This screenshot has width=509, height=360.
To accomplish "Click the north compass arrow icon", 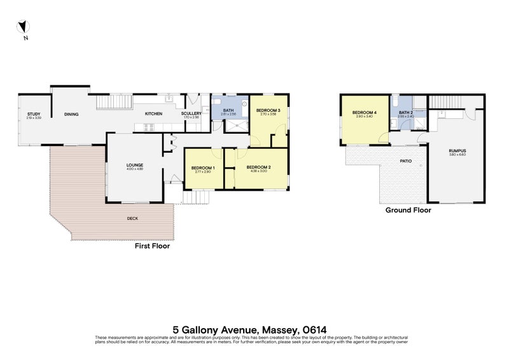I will pyautogui.click(x=24, y=27).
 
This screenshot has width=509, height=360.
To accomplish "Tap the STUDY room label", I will pyautogui.click(x=33, y=114).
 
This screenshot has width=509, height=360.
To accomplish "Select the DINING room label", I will pyautogui.click(x=71, y=114).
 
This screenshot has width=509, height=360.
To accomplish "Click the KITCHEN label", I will pyautogui.click(x=153, y=114).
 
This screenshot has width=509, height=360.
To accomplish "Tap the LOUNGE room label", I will pyautogui.click(x=134, y=165).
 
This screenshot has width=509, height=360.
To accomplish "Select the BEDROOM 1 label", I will pyautogui.click(x=203, y=168).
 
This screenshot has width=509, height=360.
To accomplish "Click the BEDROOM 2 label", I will pyautogui.click(x=261, y=167).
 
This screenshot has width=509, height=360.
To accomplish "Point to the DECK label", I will pyautogui.click(x=132, y=218).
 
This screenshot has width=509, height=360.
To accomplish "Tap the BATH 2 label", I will pyautogui.click(x=406, y=113).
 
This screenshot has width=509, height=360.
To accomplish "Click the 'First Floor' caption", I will pyautogui.click(x=152, y=246).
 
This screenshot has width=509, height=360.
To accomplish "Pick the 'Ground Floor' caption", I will pyautogui.click(x=408, y=210).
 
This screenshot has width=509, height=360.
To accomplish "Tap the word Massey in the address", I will pyautogui.click(x=277, y=329).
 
